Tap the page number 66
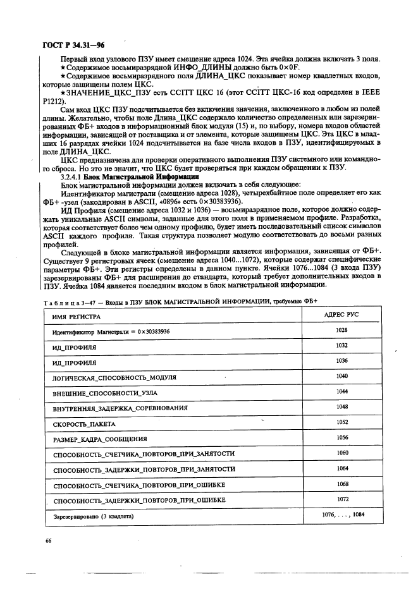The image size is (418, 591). click(47, 541)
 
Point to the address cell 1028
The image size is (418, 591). click(342, 330)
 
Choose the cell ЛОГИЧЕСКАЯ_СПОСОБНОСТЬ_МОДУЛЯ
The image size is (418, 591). click(107, 377)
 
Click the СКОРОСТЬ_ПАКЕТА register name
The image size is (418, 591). click(80, 423)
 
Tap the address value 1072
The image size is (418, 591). click(343, 499)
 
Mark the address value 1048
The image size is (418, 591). click(342, 407)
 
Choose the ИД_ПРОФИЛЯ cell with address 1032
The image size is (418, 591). click(74, 347)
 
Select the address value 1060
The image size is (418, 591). click(343, 453)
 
